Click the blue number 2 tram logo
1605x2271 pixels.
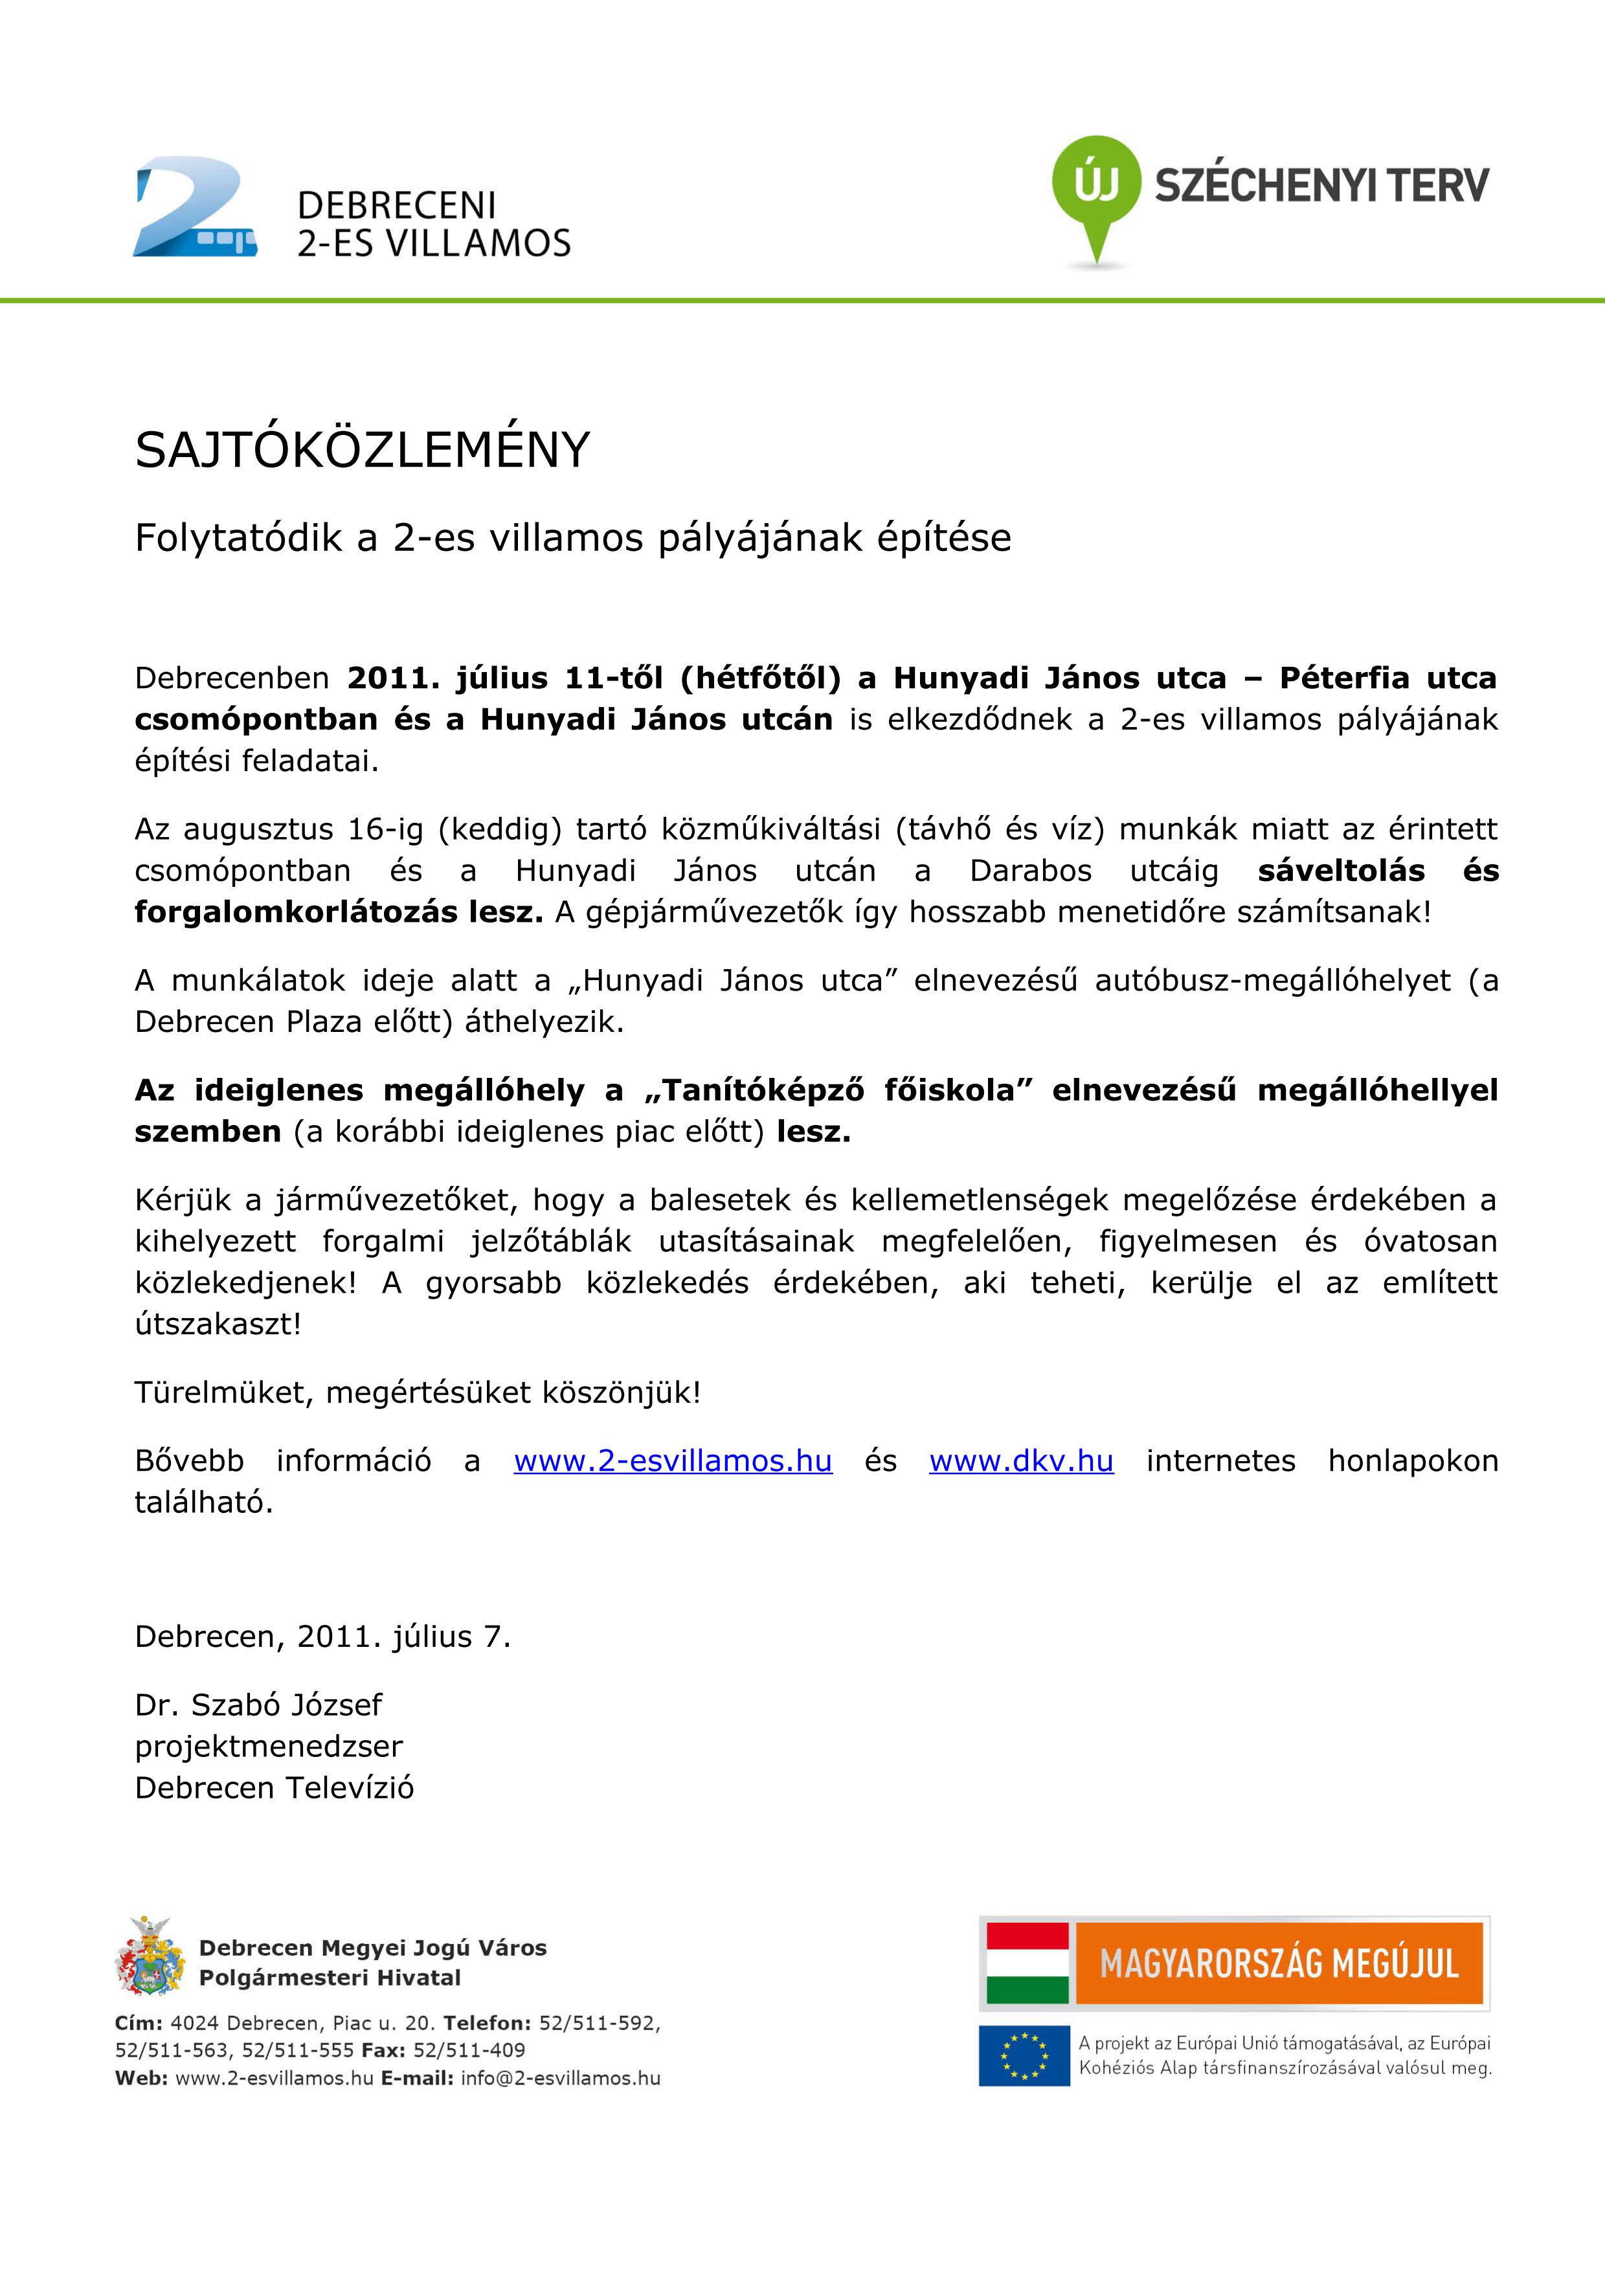pyautogui.click(x=195, y=208)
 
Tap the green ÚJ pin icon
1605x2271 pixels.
pyautogui.click(x=1095, y=188)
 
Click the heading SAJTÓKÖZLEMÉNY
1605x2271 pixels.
pyautogui.click(x=362, y=451)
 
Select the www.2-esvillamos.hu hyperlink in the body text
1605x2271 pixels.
pyautogui.click(x=673, y=1461)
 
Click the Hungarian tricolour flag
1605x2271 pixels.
pyautogui.click(x=1027, y=1963)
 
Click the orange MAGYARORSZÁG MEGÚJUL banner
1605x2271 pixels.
pyautogui.click(x=1279, y=1963)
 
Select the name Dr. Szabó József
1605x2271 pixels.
pyautogui.click(x=258, y=1705)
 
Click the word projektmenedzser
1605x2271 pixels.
pyautogui.click(x=269, y=1746)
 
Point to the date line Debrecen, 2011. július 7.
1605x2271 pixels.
pyautogui.click(x=322, y=1637)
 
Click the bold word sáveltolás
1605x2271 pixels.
pyautogui.click(x=1341, y=871)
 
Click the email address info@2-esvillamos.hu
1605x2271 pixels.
pyautogui.click(x=560, y=2078)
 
